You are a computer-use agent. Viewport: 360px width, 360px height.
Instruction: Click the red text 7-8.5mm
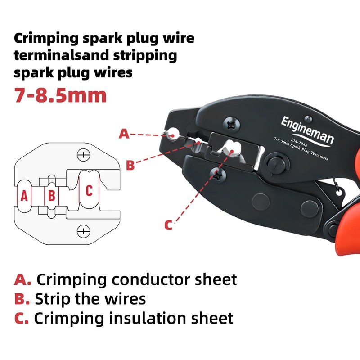click(60, 95)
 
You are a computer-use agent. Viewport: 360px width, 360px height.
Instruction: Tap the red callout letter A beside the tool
click(124, 134)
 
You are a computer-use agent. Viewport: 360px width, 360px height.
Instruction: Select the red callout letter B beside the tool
click(130, 166)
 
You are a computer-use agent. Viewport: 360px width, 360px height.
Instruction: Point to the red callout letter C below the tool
click(168, 225)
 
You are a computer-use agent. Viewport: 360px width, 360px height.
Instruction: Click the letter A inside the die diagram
click(25, 195)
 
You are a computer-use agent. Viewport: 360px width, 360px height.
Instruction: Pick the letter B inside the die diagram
click(52, 195)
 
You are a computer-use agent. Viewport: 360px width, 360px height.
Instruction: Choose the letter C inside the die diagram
click(89, 190)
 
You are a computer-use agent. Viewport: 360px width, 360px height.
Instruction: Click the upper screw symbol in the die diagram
click(83, 156)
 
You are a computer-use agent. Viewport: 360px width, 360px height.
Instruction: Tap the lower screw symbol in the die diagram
click(83, 231)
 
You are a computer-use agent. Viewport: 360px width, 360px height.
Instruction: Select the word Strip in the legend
click(53, 299)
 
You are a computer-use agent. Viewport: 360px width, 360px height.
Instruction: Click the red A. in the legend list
click(22, 279)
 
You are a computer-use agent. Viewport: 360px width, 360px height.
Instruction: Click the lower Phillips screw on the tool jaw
click(220, 175)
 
